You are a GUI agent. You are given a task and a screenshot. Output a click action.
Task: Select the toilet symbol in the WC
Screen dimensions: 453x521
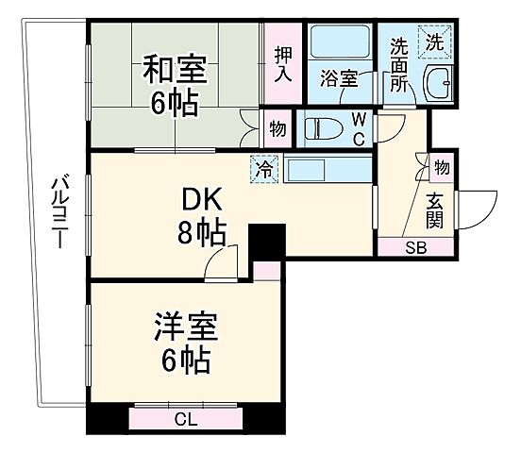coord(321,127)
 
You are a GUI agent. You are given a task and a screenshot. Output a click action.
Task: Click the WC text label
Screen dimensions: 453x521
coord(360,127)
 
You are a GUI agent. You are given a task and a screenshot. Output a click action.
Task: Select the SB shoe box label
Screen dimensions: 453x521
coord(415,248)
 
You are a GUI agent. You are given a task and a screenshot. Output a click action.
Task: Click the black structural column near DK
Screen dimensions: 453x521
coord(267,240)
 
